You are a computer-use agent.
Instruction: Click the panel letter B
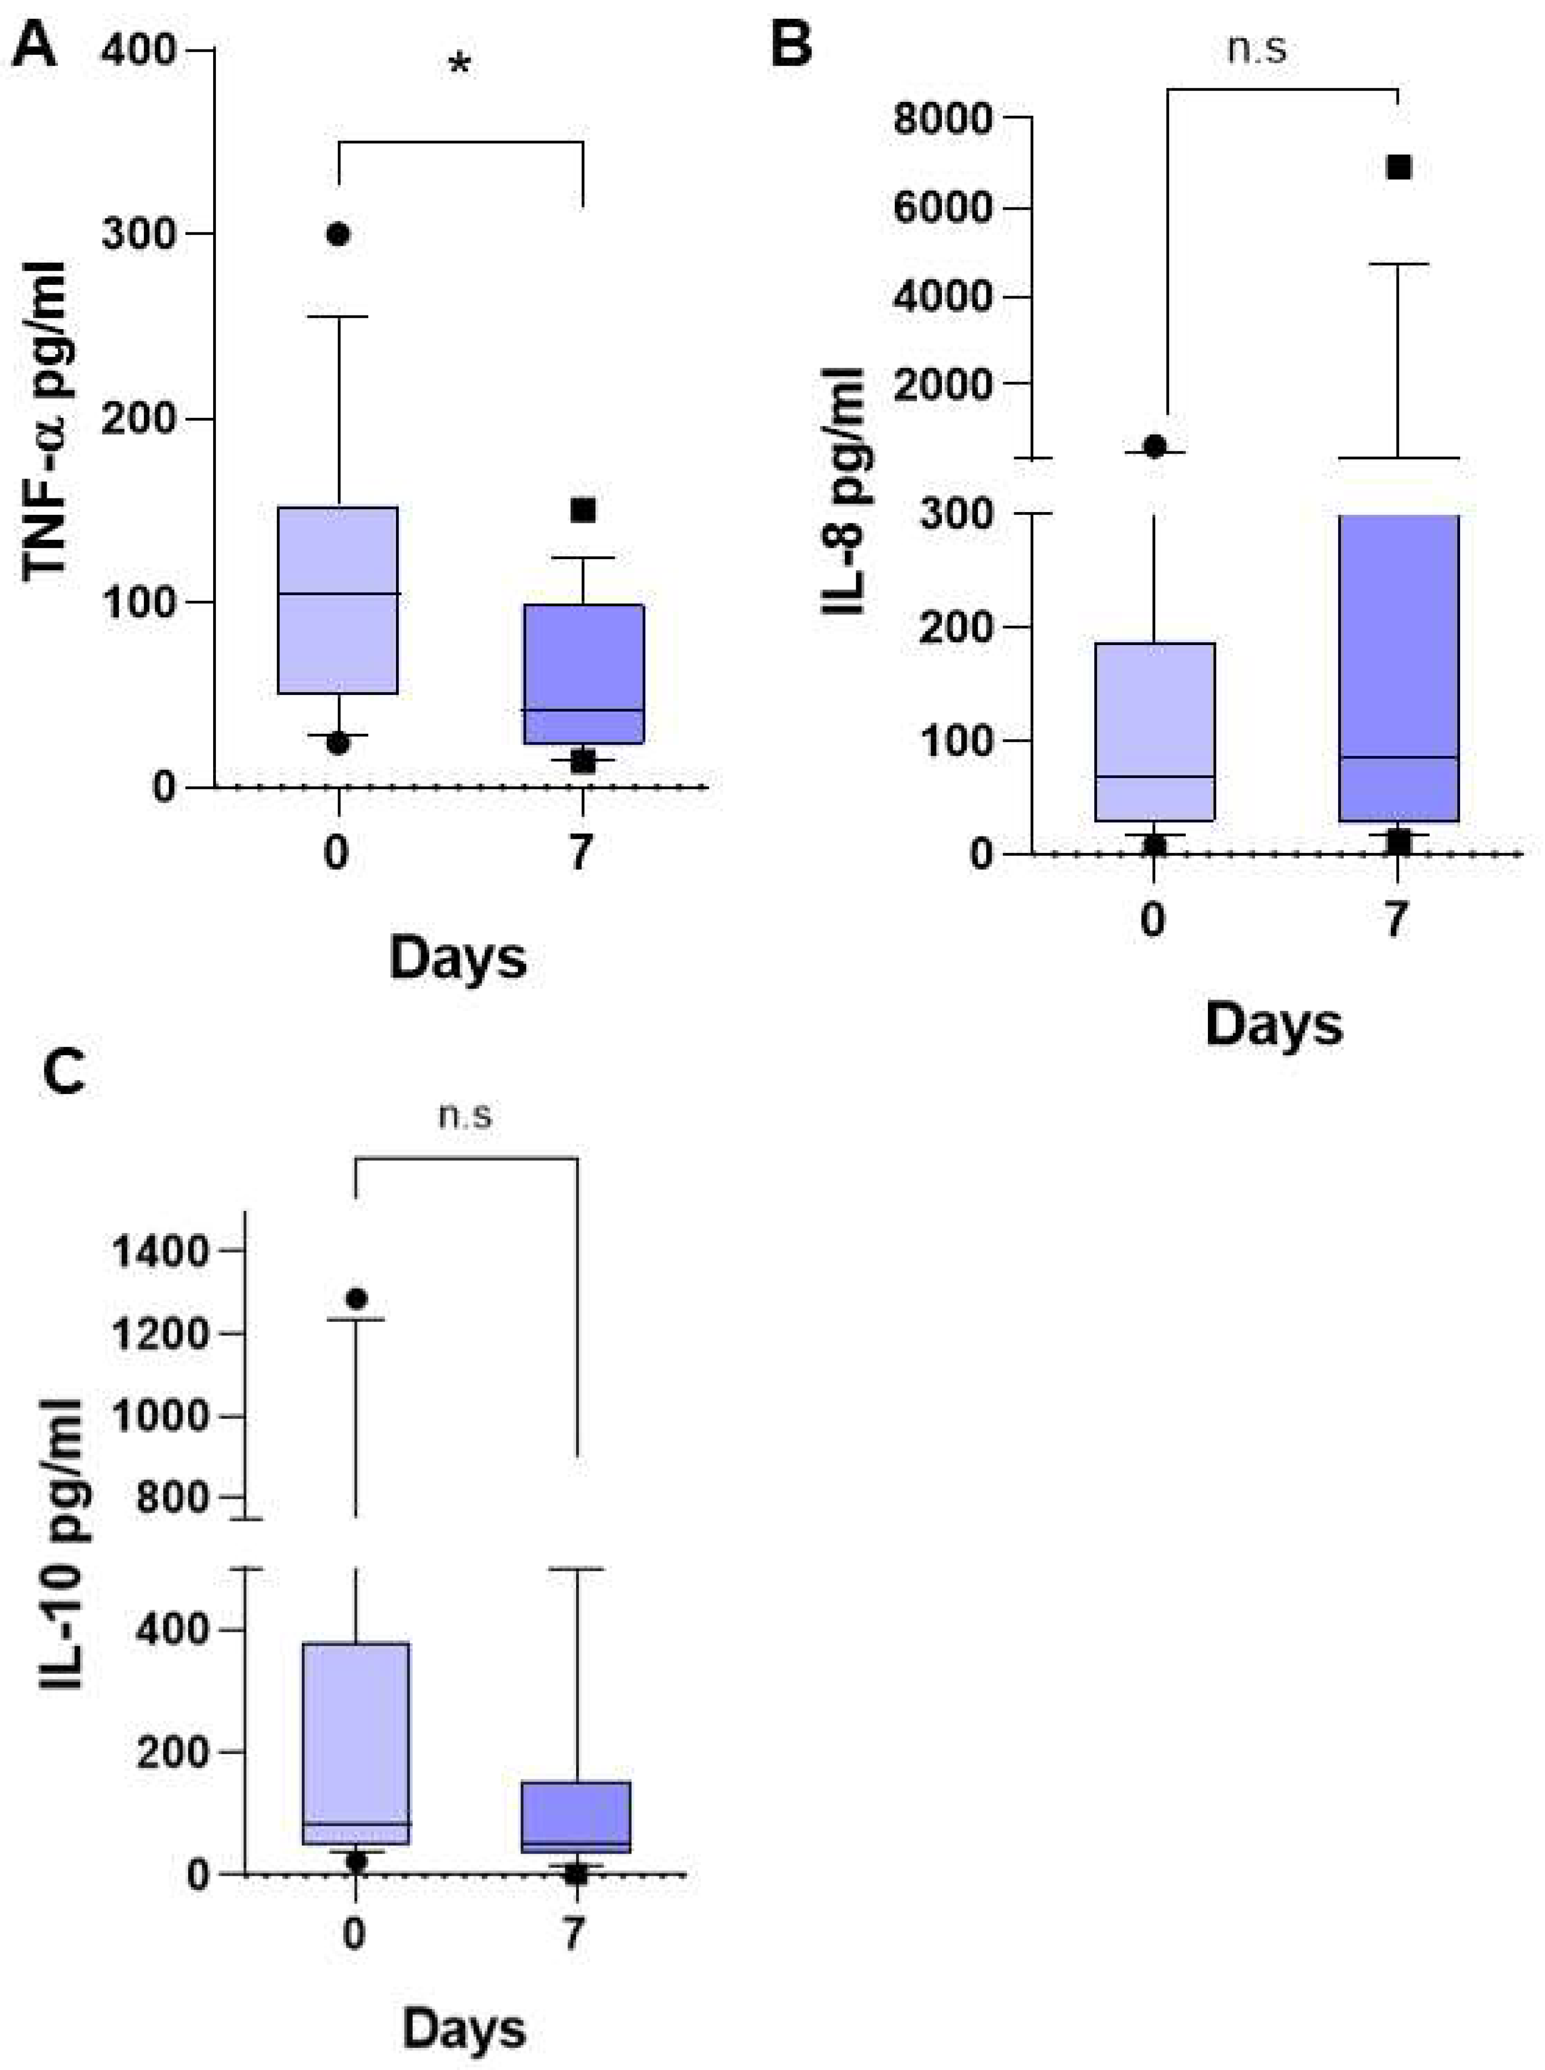point(790,45)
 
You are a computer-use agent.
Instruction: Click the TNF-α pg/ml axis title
point(47,421)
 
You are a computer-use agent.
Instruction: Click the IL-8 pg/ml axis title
point(844,491)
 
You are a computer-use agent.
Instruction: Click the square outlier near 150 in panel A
point(584,510)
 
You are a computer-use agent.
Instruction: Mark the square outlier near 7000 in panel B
point(1398,167)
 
